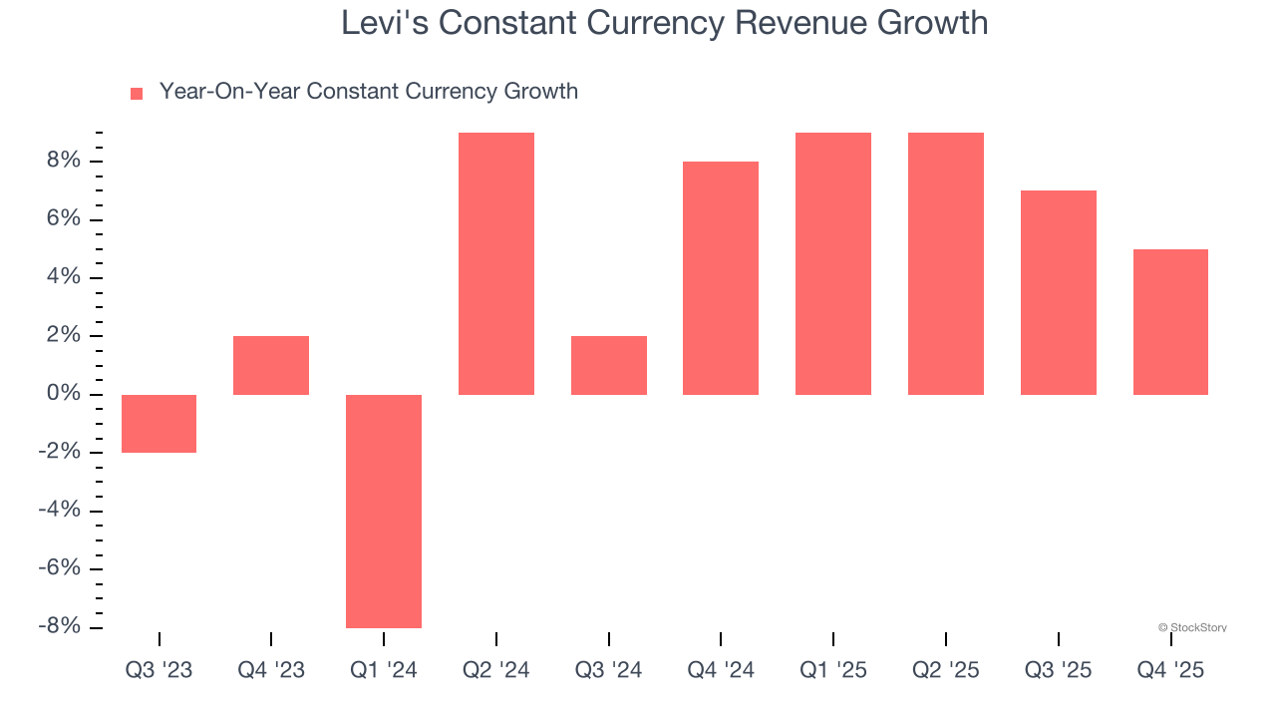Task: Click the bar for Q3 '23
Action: (159, 424)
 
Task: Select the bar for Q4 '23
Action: (271, 366)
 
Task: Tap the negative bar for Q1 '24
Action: (384, 511)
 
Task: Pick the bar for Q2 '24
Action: (496, 264)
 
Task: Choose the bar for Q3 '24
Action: (609, 366)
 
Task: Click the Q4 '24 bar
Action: (721, 278)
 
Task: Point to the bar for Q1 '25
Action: (833, 264)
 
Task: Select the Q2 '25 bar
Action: (946, 264)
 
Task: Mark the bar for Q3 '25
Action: (1059, 293)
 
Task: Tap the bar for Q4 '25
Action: (1170, 322)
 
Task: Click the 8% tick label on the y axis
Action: (61, 162)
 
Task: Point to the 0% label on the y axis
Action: (61, 395)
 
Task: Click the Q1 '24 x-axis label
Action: (384, 671)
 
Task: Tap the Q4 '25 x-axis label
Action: (1170, 671)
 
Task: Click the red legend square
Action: (137, 94)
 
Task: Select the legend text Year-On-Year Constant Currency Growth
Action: (369, 92)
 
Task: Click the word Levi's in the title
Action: (384, 23)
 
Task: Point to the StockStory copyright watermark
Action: (1192, 628)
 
